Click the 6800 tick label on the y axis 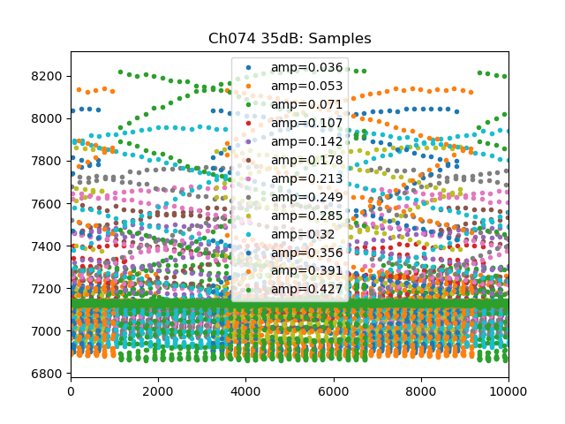click(x=49, y=374)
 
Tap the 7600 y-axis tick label click(x=49, y=204)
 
